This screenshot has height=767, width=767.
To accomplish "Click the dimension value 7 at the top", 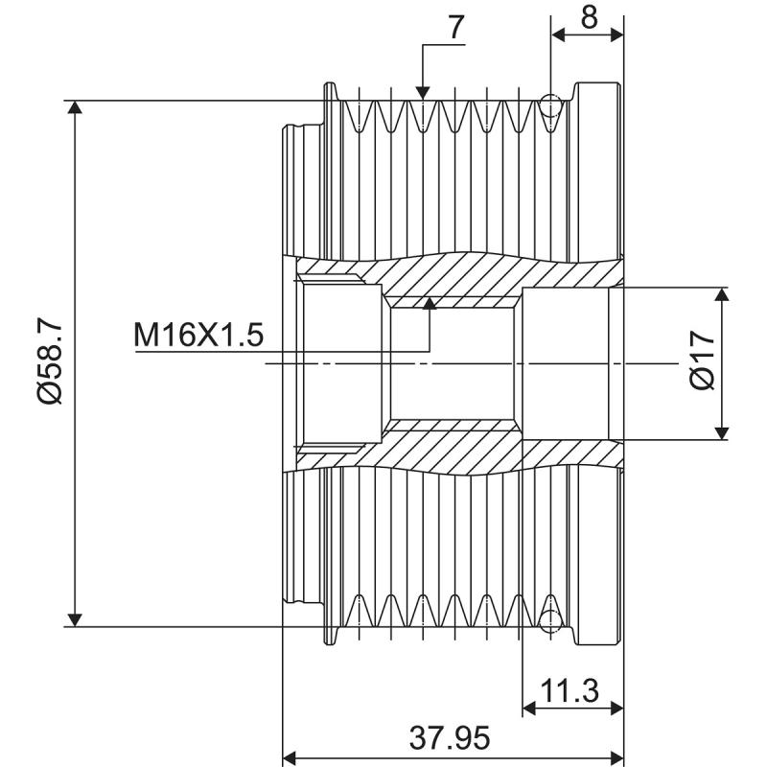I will [455, 29].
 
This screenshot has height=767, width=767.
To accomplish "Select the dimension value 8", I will [589, 17].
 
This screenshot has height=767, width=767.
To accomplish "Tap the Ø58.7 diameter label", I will [50, 363].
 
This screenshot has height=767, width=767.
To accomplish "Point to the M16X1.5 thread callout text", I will [198, 335].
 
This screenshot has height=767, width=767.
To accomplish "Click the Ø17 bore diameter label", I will [702, 362].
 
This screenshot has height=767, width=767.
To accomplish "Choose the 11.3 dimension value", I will [569, 689].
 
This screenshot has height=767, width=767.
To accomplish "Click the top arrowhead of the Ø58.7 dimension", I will [75, 108].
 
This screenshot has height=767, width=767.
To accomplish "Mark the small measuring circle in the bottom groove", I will [550, 620].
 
